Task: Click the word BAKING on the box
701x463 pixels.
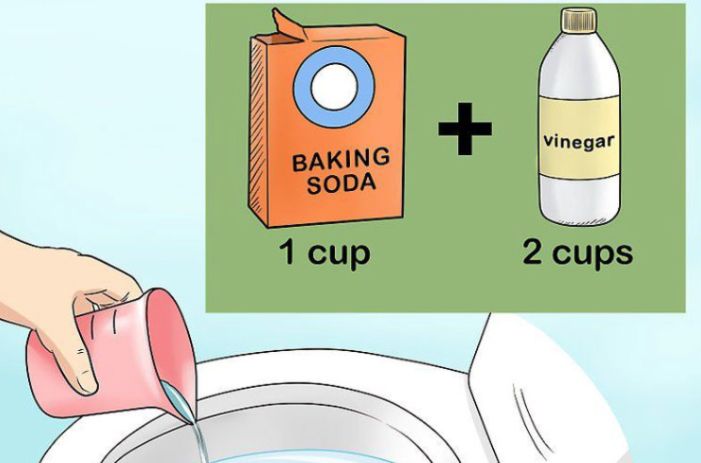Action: tap(341, 159)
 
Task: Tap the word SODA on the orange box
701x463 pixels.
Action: tap(342, 184)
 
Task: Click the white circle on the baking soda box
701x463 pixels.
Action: tap(334, 87)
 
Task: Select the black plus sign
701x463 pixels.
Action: tap(465, 129)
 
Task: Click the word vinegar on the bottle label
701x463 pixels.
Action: tap(579, 141)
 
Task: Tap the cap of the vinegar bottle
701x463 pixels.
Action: tap(579, 21)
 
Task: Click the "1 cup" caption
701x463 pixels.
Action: tap(326, 253)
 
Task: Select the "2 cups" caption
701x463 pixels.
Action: tap(578, 253)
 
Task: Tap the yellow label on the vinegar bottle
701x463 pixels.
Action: tap(579, 137)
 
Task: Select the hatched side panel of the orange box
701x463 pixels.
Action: tap(258, 130)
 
